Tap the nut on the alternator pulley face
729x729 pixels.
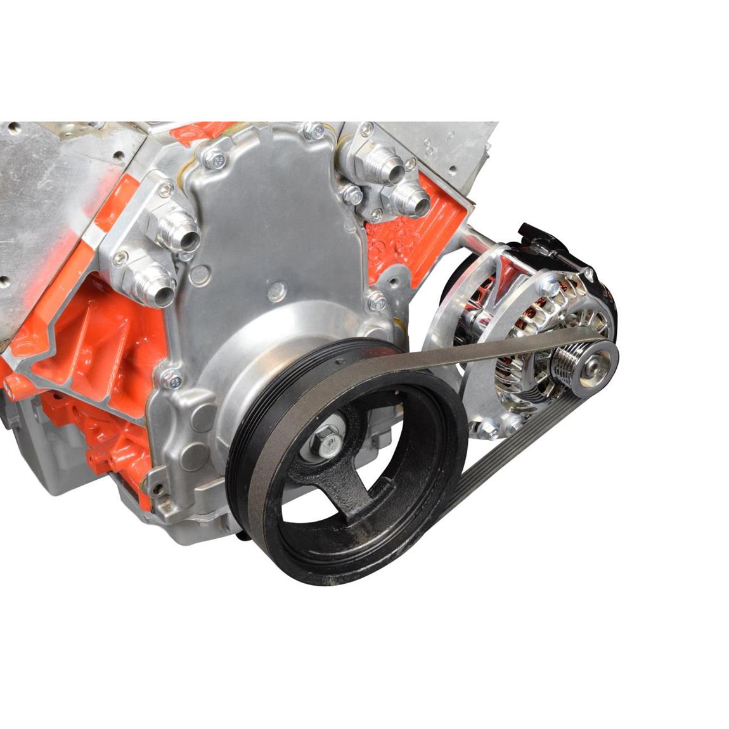point(595,364)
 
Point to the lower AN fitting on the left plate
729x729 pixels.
point(155,286)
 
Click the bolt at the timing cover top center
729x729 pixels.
point(313,131)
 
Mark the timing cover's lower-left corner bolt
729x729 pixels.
point(170,378)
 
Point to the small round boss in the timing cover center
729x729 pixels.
point(275,292)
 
